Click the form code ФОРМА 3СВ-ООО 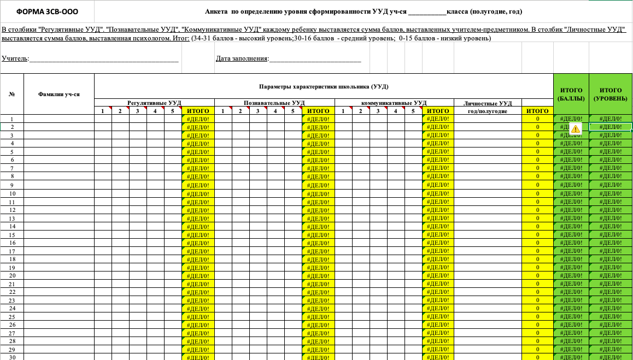(x=47, y=11)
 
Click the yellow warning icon (x=575, y=128)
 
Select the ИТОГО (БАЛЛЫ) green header (x=571, y=94)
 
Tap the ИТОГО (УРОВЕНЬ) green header (x=610, y=94)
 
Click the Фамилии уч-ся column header (x=59, y=94)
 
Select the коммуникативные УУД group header (x=394, y=103)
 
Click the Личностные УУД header (x=487, y=103)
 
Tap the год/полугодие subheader (x=488, y=111)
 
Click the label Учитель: (x=16, y=59)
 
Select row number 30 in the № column (x=12, y=357)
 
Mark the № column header (x=12, y=94)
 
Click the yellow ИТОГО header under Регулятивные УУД (x=198, y=111)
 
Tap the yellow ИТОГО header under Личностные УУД (x=537, y=111)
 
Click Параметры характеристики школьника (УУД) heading (x=324, y=86)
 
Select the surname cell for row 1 (x=59, y=119)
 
